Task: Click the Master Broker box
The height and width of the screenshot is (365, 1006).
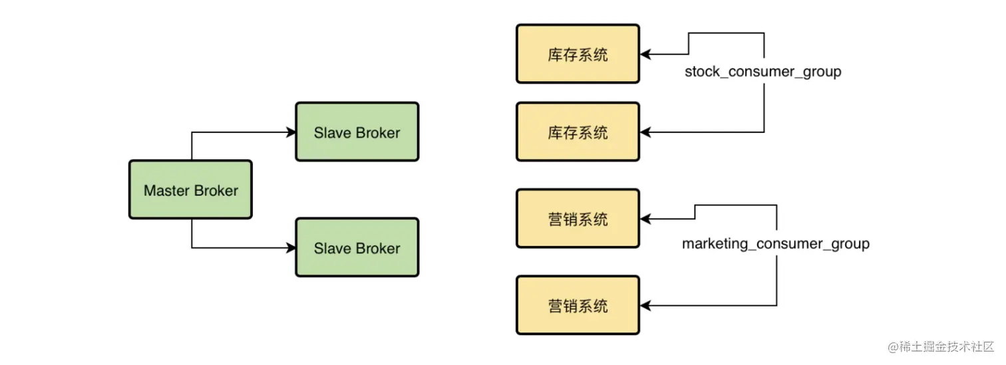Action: click(x=190, y=190)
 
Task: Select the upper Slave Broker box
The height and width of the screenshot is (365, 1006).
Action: click(x=357, y=132)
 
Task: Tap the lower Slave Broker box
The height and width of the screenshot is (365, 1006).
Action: click(x=357, y=248)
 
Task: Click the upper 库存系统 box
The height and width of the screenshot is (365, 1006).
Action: click(x=578, y=54)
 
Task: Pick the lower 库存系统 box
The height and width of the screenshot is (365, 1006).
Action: click(x=578, y=132)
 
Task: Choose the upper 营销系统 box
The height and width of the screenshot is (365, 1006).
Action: click(x=578, y=219)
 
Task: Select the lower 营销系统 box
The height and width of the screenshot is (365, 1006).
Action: click(x=578, y=306)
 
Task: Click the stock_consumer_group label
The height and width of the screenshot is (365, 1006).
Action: click(x=762, y=71)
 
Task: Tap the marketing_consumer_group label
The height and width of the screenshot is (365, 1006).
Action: click(x=775, y=244)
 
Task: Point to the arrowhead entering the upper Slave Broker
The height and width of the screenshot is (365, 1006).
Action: click(x=291, y=132)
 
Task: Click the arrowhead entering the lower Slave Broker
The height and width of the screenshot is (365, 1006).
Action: click(x=291, y=248)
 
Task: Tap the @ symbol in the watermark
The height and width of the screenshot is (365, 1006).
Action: click(x=894, y=347)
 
